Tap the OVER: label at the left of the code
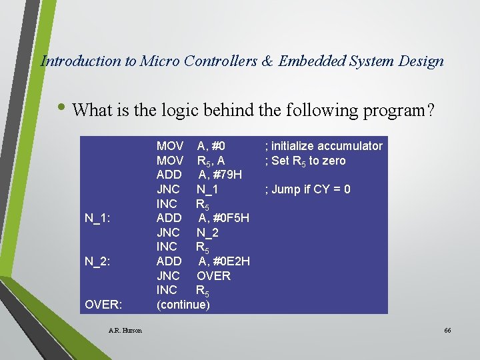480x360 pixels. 103,305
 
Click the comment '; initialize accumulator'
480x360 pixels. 323,146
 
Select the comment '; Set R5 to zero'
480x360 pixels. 305,161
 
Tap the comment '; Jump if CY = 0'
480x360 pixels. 307,189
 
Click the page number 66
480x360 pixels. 447,331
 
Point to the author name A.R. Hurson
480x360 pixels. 125,331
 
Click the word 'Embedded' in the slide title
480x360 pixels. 311,61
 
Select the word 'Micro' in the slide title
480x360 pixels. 158,61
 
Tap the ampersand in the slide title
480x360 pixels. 267,61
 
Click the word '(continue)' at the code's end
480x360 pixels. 183,305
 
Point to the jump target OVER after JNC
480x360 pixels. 213,276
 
